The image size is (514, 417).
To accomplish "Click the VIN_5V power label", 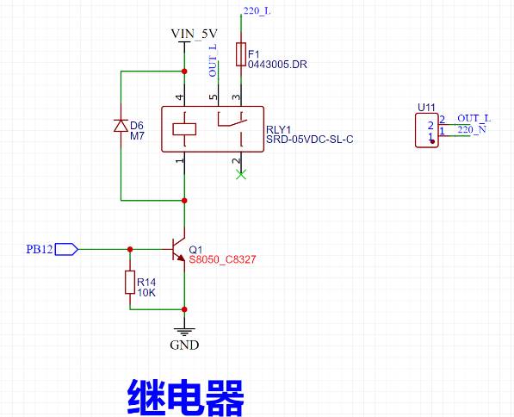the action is [x=194, y=34].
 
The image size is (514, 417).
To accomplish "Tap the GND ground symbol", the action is [x=184, y=332].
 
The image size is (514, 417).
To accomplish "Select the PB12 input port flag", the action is [x=66, y=249].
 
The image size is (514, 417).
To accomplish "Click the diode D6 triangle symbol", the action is [x=121, y=126].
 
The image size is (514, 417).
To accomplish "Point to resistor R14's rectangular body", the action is [x=130, y=282].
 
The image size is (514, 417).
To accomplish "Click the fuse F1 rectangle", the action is [x=241, y=54].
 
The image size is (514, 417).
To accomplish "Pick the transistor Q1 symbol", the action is [x=177, y=250].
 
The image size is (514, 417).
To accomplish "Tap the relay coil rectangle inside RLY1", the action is [x=184, y=129].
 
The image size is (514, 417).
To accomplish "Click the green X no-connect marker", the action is [x=241, y=175].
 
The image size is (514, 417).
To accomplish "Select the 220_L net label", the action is [x=257, y=11].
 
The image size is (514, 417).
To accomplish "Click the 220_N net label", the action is [x=472, y=129].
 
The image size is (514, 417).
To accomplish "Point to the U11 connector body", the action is [x=427, y=130].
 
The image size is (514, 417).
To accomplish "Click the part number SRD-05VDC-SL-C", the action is [x=310, y=140].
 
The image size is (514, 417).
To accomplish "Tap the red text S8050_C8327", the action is [x=222, y=260].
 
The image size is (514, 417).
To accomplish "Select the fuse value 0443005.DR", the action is [x=277, y=65].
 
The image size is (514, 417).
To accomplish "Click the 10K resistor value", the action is [x=146, y=293].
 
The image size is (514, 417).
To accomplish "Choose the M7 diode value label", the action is [x=137, y=136].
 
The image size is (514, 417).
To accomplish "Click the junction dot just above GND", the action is [x=184, y=309].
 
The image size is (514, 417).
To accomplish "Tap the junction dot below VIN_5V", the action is [x=184, y=72].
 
